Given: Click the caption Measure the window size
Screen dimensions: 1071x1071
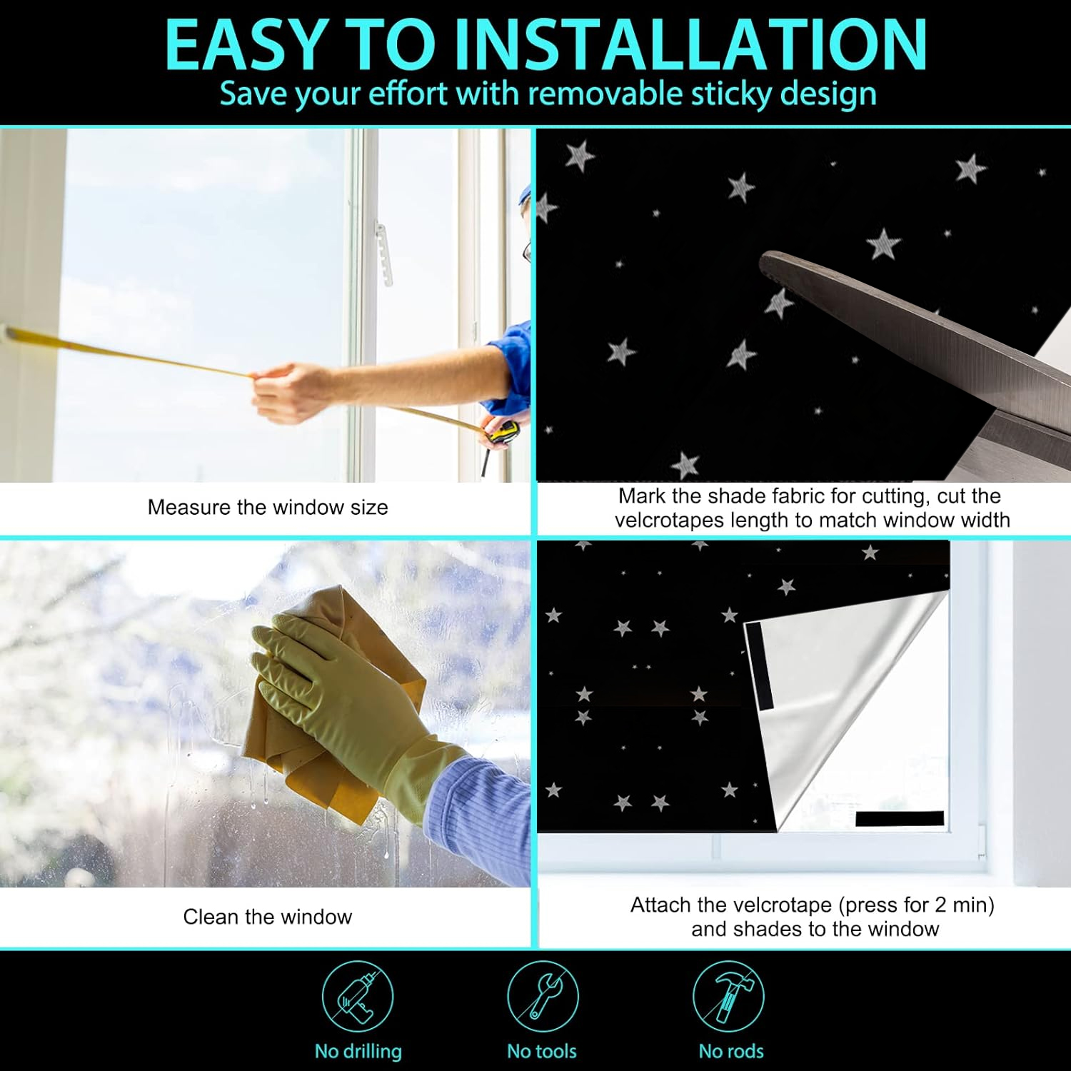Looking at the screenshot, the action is (x=268, y=507).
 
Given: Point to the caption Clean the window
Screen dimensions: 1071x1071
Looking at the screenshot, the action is (x=268, y=917).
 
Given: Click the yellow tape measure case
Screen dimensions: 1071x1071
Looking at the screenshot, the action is (x=503, y=431).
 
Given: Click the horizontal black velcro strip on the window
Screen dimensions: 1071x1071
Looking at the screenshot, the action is (x=900, y=819).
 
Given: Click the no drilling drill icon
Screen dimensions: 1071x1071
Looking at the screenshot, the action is (x=358, y=996).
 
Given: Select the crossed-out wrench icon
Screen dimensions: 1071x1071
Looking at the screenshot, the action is (x=543, y=996).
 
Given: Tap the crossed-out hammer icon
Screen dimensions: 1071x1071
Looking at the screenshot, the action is (x=728, y=996).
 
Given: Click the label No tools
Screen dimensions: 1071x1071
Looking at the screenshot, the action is (x=542, y=1051).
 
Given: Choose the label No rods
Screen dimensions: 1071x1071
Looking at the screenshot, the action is (x=731, y=1051).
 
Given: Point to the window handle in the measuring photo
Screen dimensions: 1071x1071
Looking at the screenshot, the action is (x=384, y=254).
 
